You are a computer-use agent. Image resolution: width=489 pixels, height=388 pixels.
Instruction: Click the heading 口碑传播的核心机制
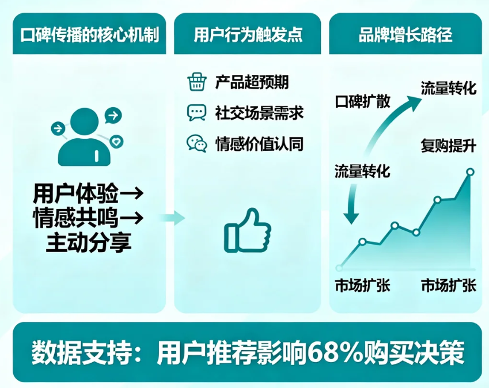point(89,35)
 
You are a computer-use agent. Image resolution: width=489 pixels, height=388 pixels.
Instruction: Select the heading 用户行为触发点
point(248,35)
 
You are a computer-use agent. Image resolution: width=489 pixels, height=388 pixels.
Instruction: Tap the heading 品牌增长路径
point(405,35)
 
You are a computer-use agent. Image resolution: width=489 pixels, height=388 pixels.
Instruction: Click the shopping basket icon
point(197,82)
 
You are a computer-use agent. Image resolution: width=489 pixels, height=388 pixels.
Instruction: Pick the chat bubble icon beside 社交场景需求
point(196,112)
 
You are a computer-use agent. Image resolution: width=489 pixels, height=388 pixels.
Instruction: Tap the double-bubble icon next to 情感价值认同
point(197,143)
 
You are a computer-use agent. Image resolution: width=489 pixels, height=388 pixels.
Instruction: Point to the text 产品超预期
point(252,82)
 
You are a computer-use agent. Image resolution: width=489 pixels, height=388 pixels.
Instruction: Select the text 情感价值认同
point(259,144)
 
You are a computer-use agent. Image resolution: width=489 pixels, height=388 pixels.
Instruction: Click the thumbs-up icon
point(248,231)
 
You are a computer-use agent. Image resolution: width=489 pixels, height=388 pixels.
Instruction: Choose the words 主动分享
point(89,242)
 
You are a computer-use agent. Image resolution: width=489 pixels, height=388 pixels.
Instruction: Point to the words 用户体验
point(76,193)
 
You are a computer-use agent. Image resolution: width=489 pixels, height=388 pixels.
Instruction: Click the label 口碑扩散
point(362,101)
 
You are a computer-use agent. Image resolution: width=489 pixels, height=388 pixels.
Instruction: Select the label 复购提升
point(449,146)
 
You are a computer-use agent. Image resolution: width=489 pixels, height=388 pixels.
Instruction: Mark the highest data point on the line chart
point(471,172)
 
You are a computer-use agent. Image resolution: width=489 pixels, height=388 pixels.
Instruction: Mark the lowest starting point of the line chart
point(339,268)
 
